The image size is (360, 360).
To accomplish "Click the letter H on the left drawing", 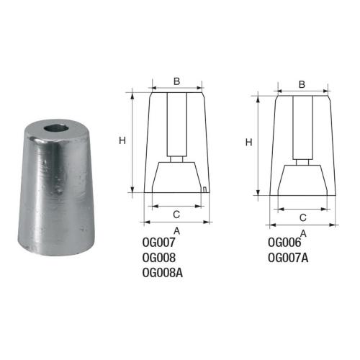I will click(x=122, y=140).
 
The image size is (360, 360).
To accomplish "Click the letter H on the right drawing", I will click(x=248, y=143).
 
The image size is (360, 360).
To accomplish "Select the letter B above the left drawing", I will click(x=176, y=81).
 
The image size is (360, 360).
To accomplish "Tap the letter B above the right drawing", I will click(x=302, y=84).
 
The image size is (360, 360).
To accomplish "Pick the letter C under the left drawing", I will click(x=176, y=215).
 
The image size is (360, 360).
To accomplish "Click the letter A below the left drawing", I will click(x=177, y=230).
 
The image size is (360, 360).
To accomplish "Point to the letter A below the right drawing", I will click(x=303, y=233).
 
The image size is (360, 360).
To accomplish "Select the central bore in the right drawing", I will click(x=302, y=126).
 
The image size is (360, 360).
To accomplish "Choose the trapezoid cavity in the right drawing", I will click(x=302, y=180).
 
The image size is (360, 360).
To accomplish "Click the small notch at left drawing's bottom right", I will click(x=205, y=189).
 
